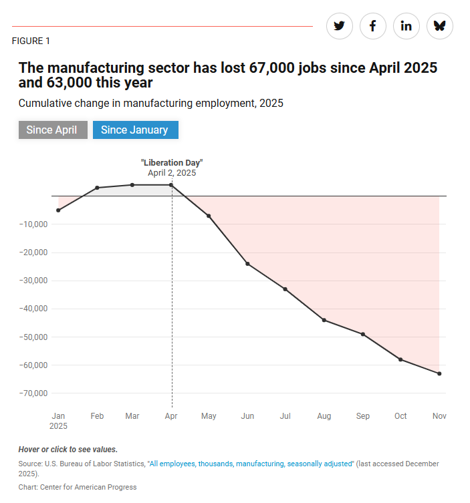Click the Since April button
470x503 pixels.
pyautogui.click(x=53, y=130)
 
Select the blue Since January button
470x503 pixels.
pyautogui.click(x=134, y=130)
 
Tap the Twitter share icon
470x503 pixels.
pyautogui.click(x=339, y=26)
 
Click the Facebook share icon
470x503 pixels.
pyautogui.click(x=372, y=26)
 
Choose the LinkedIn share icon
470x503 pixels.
pyautogui.click(x=406, y=26)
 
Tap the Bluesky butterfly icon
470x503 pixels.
pyautogui.click(x=439, y=26)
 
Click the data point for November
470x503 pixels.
pyautogui.click(x=439, y=373)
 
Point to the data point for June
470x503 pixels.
pyautogui.click(x=247, y=264)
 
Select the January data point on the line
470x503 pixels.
pyautogui.click(x=58, y=210)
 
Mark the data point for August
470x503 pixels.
pyautogui.click(x=324, y=320)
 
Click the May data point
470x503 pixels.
pyautogui.click(x=209, y=216)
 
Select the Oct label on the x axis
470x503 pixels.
pyautogui.click(x=400, y=416)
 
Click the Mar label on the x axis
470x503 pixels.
pyautogui.click(x=132, y=416)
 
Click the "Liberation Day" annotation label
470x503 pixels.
pyautogui.click(x=172, y=162)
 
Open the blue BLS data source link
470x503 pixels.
pyautogui.click(x=251, y=464)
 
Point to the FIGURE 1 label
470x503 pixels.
pyautogui.click(x=31, y=41)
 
